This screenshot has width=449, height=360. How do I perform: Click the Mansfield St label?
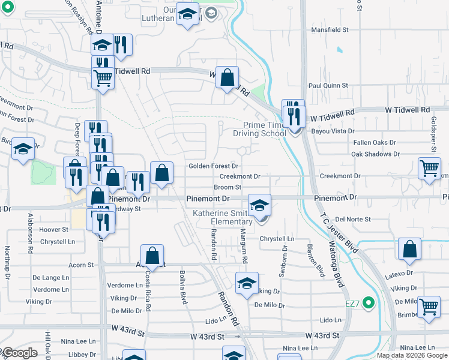click(330, 29)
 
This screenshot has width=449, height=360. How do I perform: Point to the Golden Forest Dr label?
click(213, 166)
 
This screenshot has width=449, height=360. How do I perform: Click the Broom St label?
click(227, 187)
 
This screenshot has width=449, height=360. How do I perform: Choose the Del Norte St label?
click(353, 220)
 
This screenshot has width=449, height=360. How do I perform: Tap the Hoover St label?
click(54, 230)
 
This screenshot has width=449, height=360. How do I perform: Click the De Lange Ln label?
click(47, 278)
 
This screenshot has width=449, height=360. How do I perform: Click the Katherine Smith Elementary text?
click(223, 217)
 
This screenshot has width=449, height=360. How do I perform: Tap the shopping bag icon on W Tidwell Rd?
click(228, 77)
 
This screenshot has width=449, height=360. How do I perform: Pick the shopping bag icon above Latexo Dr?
click(409, 250)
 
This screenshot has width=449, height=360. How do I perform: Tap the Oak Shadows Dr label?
click(375, 154)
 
